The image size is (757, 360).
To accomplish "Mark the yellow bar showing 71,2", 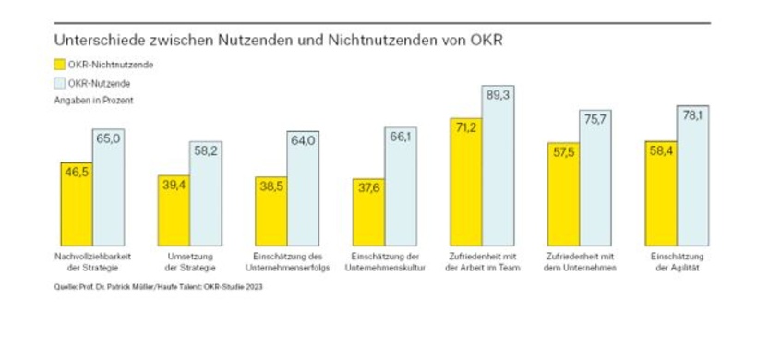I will tap(465, 180).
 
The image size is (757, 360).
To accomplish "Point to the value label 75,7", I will tap(595, 118).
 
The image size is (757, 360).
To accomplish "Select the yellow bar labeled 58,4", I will tap(660, 194).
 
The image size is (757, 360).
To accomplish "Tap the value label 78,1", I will tap(692, 114).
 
